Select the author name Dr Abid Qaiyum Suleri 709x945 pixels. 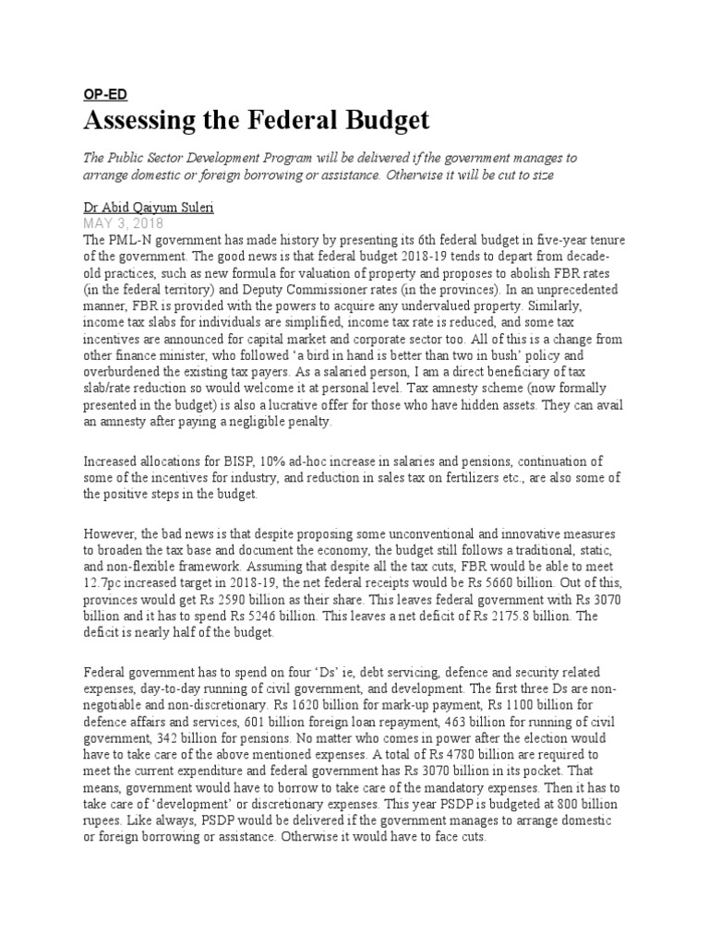click(x=150, y=208)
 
